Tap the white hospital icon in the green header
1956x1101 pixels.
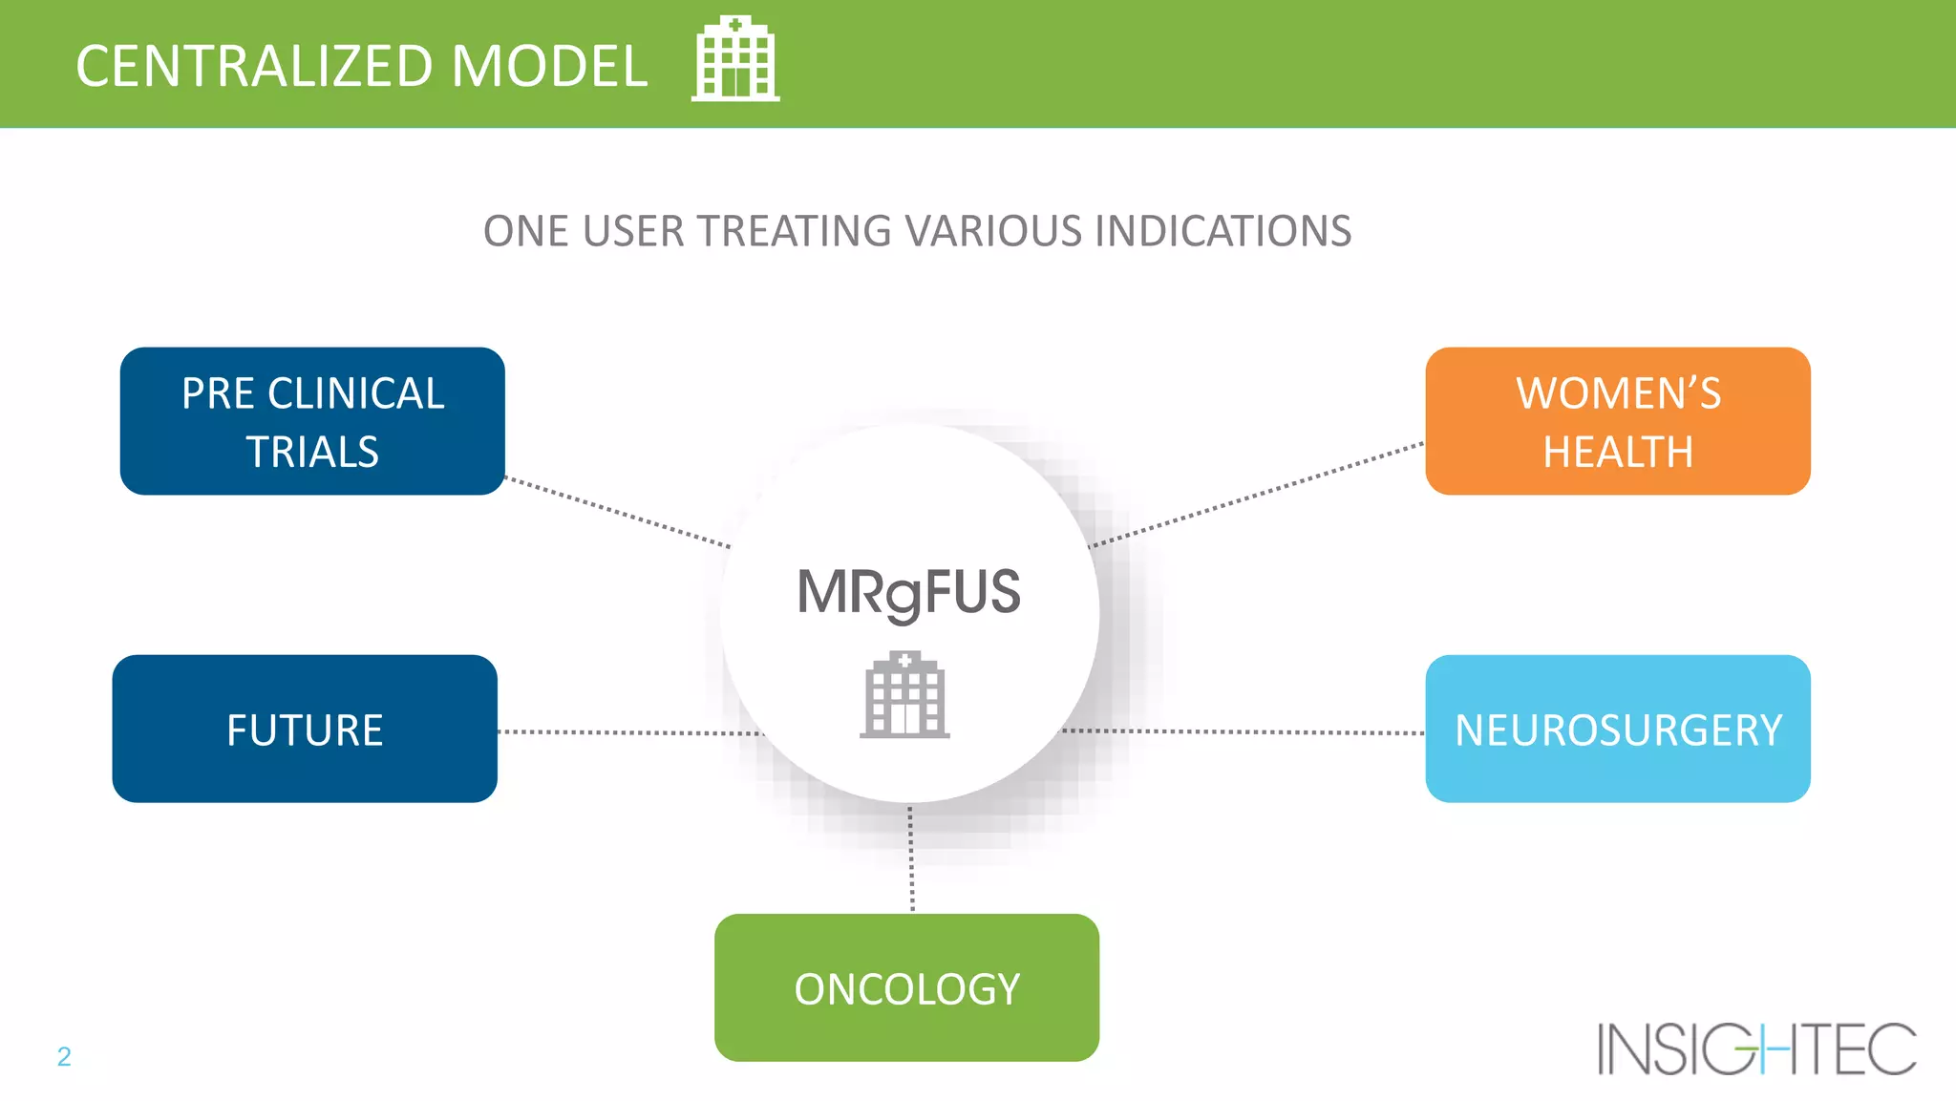click(735, 59)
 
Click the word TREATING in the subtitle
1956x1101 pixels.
click(795, 231)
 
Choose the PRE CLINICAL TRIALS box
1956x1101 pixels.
click(312, 421)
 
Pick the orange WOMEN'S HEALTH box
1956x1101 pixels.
click(1618, 421)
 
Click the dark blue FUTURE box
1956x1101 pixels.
click(305, 729)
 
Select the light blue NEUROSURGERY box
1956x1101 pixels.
click(1618, 729)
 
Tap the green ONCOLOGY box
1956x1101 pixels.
click(906, 987)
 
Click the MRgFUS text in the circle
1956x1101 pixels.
click(908, 592)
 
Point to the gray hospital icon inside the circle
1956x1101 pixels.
click(904, 695)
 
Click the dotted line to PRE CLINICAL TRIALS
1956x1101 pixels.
click(618, 512)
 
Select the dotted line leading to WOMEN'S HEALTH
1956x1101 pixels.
click(1256, 495)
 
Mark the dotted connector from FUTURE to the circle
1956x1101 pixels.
click(630, 732)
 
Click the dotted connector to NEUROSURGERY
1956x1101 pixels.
click(1242, 731)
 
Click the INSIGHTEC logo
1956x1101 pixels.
click(1756, 1048)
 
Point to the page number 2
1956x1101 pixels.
click(64, 1056)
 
